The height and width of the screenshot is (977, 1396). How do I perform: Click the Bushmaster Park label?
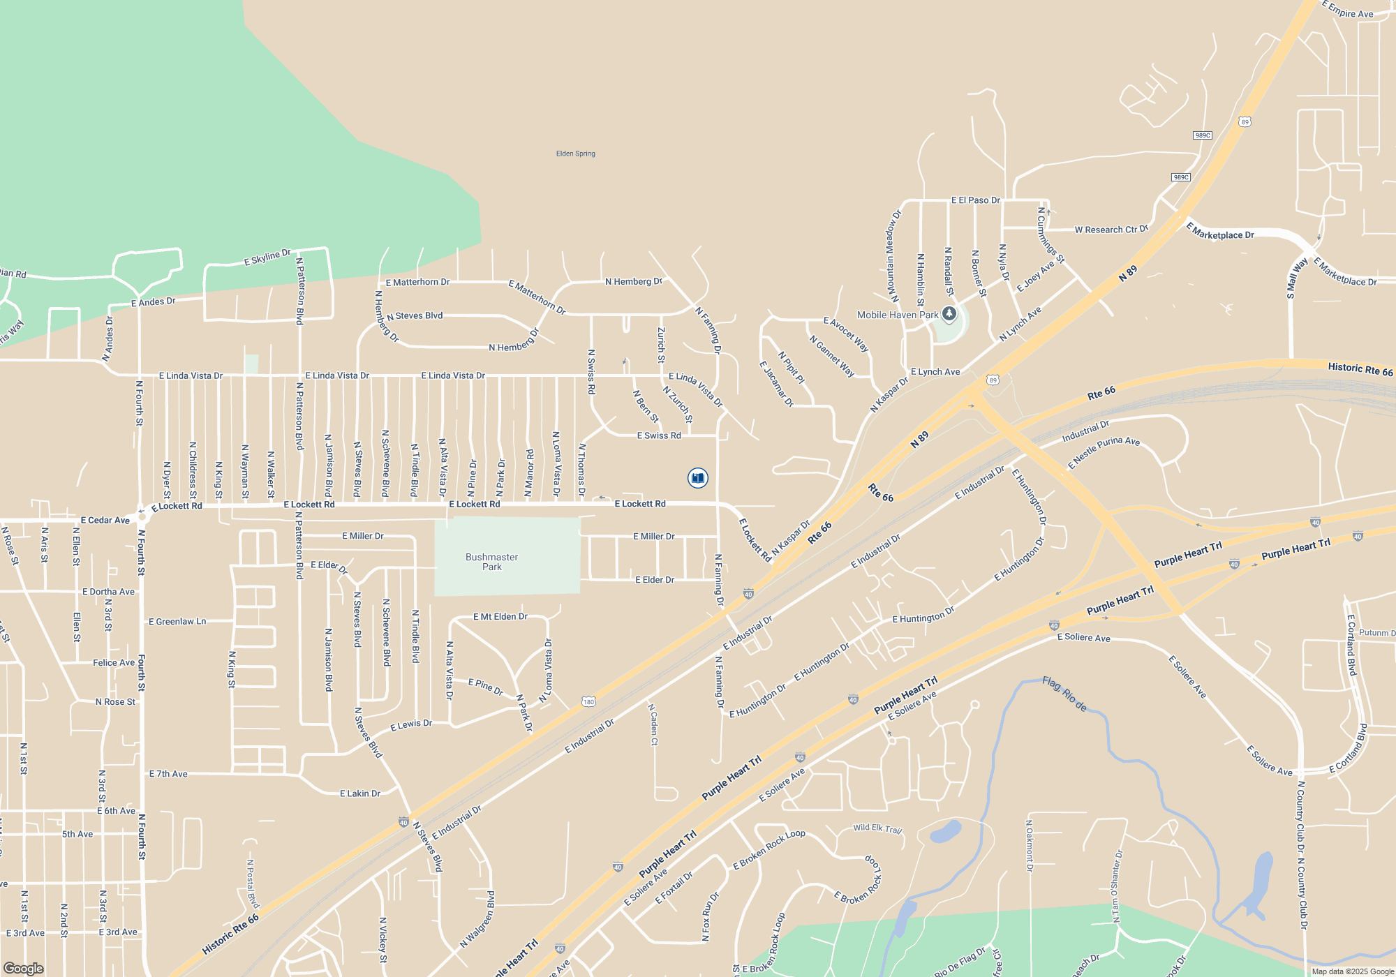click(x=491, y=562)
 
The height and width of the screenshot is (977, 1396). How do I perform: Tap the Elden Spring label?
click(x=575, y=154)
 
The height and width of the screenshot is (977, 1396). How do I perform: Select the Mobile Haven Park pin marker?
click(x=949, y=313)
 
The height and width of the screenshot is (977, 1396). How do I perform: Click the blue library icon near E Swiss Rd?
click(x=697, y=477)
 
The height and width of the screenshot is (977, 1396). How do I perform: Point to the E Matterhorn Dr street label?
click(x=417, y=282)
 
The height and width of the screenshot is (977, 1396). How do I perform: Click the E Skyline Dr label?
click(x=267, y=257)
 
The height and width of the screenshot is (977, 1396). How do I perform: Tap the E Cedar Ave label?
click(x=105, y=520)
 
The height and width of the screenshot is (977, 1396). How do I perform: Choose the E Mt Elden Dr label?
click(x=500, y=616)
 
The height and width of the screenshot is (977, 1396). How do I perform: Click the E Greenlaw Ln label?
click(x=177, y=621)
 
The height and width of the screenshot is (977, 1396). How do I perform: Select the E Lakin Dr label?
click(x=359, y=793)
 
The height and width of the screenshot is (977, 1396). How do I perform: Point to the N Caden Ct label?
click(x=653, y=724)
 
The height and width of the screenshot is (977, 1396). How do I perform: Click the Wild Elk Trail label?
click(x=877, y=828)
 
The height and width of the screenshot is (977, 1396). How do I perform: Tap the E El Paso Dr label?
click(x=975, y=200)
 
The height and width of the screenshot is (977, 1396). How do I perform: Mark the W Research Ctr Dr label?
click(x=1111, y=229)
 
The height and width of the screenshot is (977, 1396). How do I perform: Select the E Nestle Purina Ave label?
click(x=1104, y=452)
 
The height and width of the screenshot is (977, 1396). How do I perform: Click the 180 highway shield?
click(x=588, y=701)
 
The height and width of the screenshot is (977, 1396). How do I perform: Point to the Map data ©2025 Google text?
click(x=1353, y=971)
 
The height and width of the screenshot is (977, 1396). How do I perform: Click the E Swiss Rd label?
click(x=658, y=435)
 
